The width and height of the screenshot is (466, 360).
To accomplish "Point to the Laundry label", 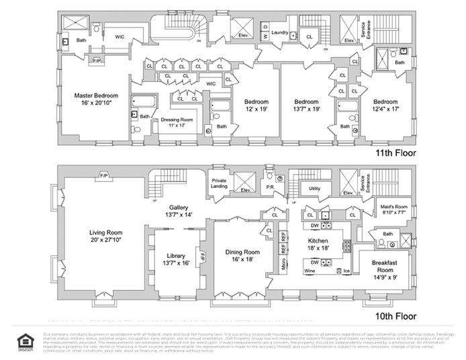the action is (x=280, y=32).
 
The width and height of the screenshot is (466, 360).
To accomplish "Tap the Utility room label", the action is (x=315, y=189).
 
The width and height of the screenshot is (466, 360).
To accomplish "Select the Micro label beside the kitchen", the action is (x=284, y=262).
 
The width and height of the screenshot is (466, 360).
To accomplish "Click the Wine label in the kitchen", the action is (x=310, y=271).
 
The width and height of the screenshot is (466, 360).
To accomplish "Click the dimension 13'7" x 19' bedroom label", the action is (x=306, y=106).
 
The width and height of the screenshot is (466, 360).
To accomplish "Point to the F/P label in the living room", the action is (x=104, y=175).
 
